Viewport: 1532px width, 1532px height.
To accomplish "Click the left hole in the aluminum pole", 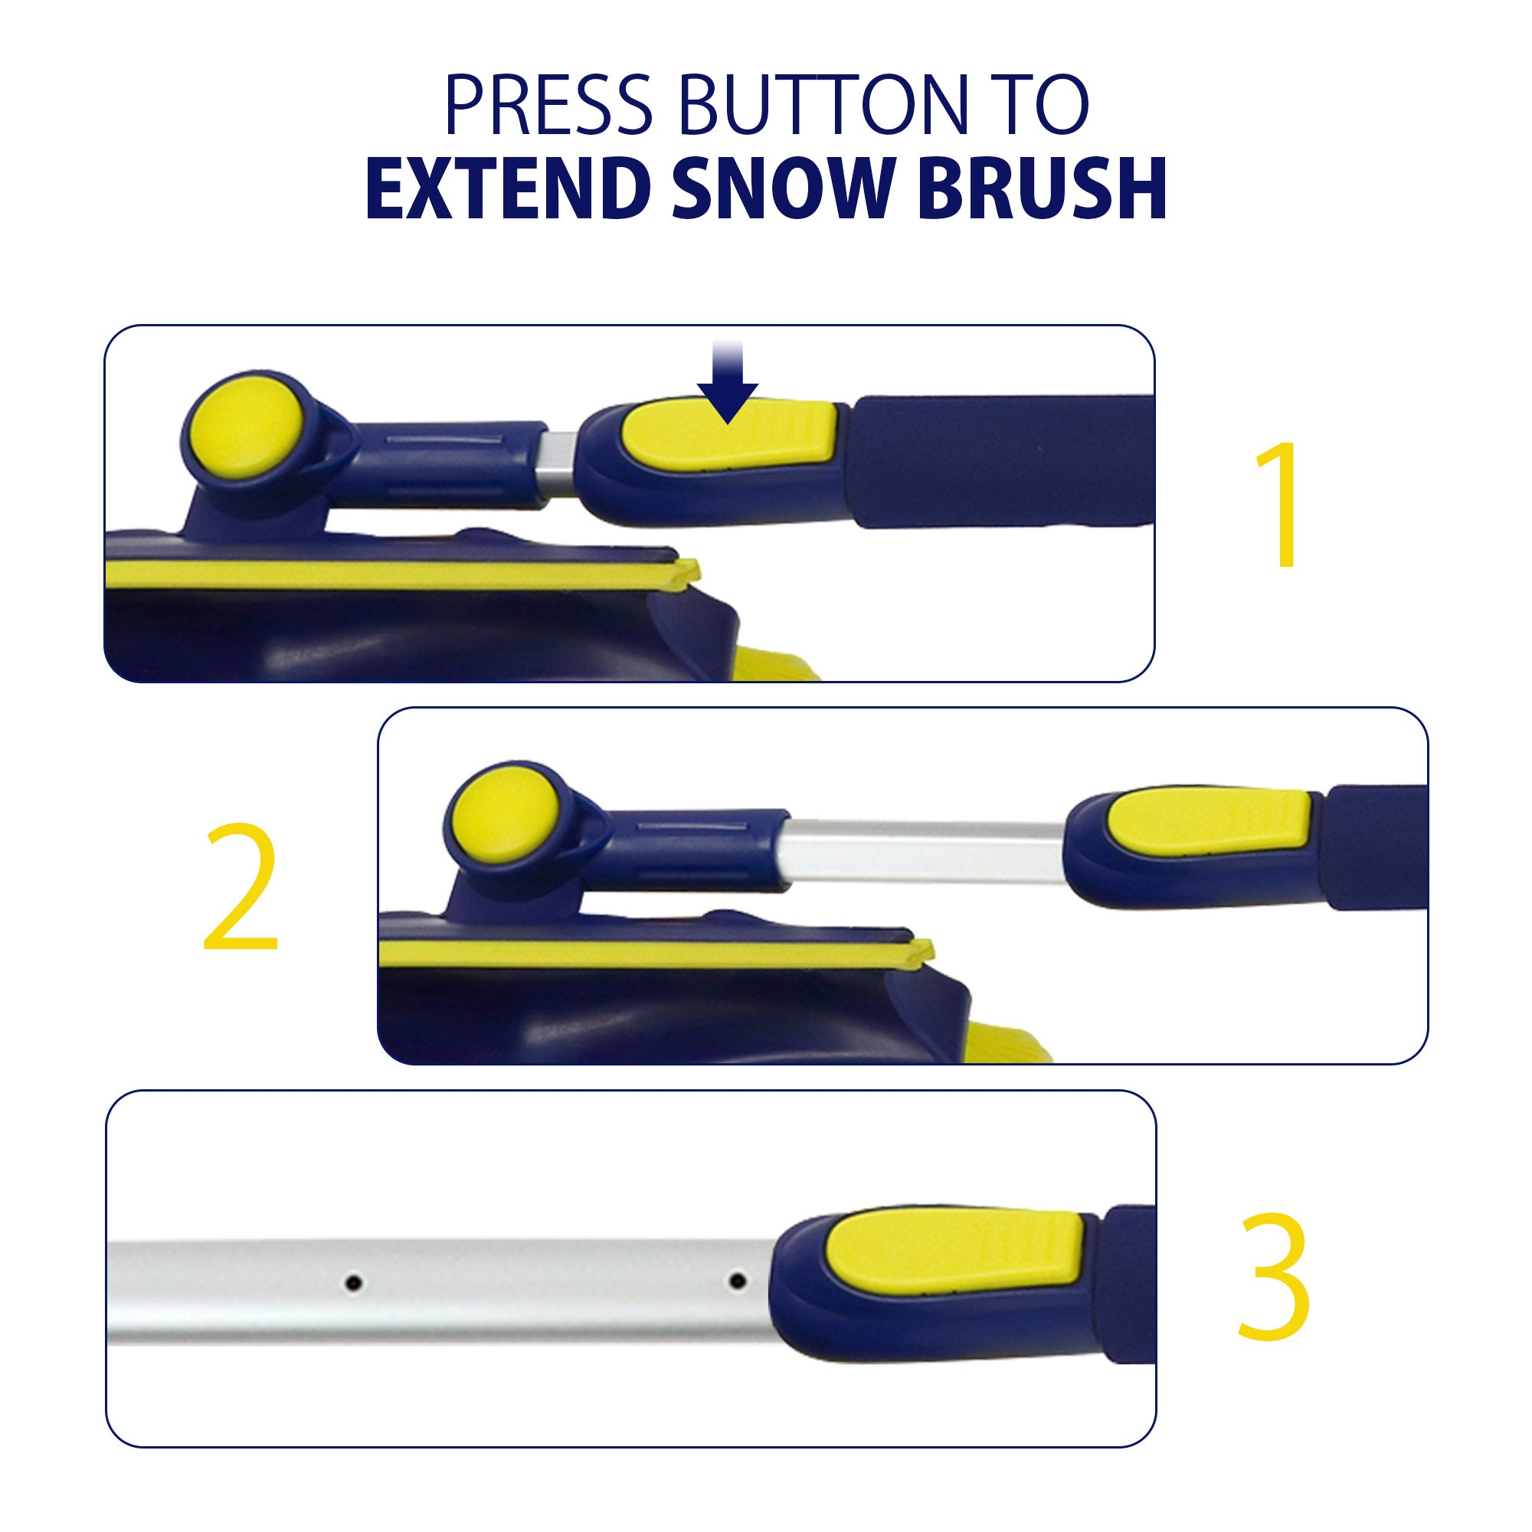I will pyautogui.click(x=355, y=1282).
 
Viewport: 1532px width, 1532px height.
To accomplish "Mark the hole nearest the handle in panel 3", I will pyautogui.click(x=738, y=1280).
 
